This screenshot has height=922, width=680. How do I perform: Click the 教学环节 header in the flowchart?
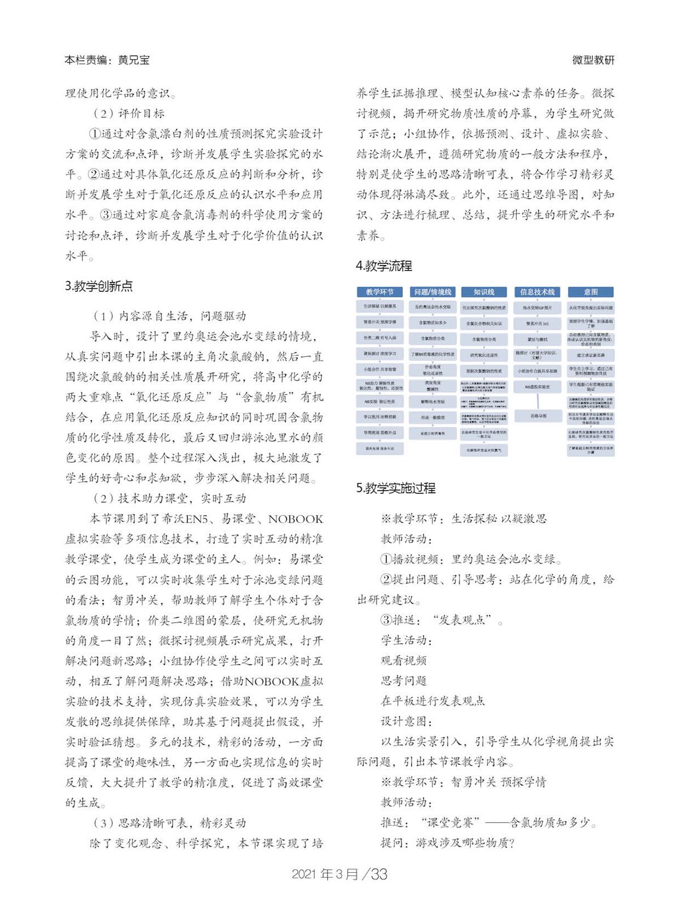[379, 292]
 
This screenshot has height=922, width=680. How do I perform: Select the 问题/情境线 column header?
[432, 292]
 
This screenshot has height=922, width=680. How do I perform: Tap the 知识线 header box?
[484, 292]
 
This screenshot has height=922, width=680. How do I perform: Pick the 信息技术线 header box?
[537, 292]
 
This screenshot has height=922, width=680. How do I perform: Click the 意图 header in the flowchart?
[590, 292]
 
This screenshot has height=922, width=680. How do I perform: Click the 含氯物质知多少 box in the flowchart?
[432, 323]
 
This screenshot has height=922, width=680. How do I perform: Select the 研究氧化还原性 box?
[484, 355]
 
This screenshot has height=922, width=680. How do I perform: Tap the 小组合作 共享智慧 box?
[379, 369]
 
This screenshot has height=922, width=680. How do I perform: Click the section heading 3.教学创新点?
[99, 286]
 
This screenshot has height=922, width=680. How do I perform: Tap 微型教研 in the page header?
[593, 60]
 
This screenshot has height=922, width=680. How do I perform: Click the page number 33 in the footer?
[379, 874]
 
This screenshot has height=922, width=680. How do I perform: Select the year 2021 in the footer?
[305, 874]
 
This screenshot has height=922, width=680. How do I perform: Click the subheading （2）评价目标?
[129, 113]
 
